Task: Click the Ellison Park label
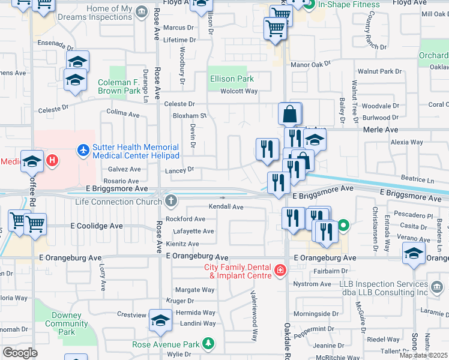pos(232,79)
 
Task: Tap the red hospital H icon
pos(52,160)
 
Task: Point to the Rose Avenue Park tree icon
pos(208,344)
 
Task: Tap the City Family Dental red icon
pos(279,271)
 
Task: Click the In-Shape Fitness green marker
pos(309,5)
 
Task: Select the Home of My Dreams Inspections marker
pos(142,11)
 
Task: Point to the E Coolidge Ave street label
pos(97,226)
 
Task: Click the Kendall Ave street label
pos(226,207)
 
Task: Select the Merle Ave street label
pos(381,130)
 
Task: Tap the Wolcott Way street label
pos(238,91)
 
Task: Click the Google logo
pos(20,353)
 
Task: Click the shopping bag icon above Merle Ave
pos(290,113)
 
